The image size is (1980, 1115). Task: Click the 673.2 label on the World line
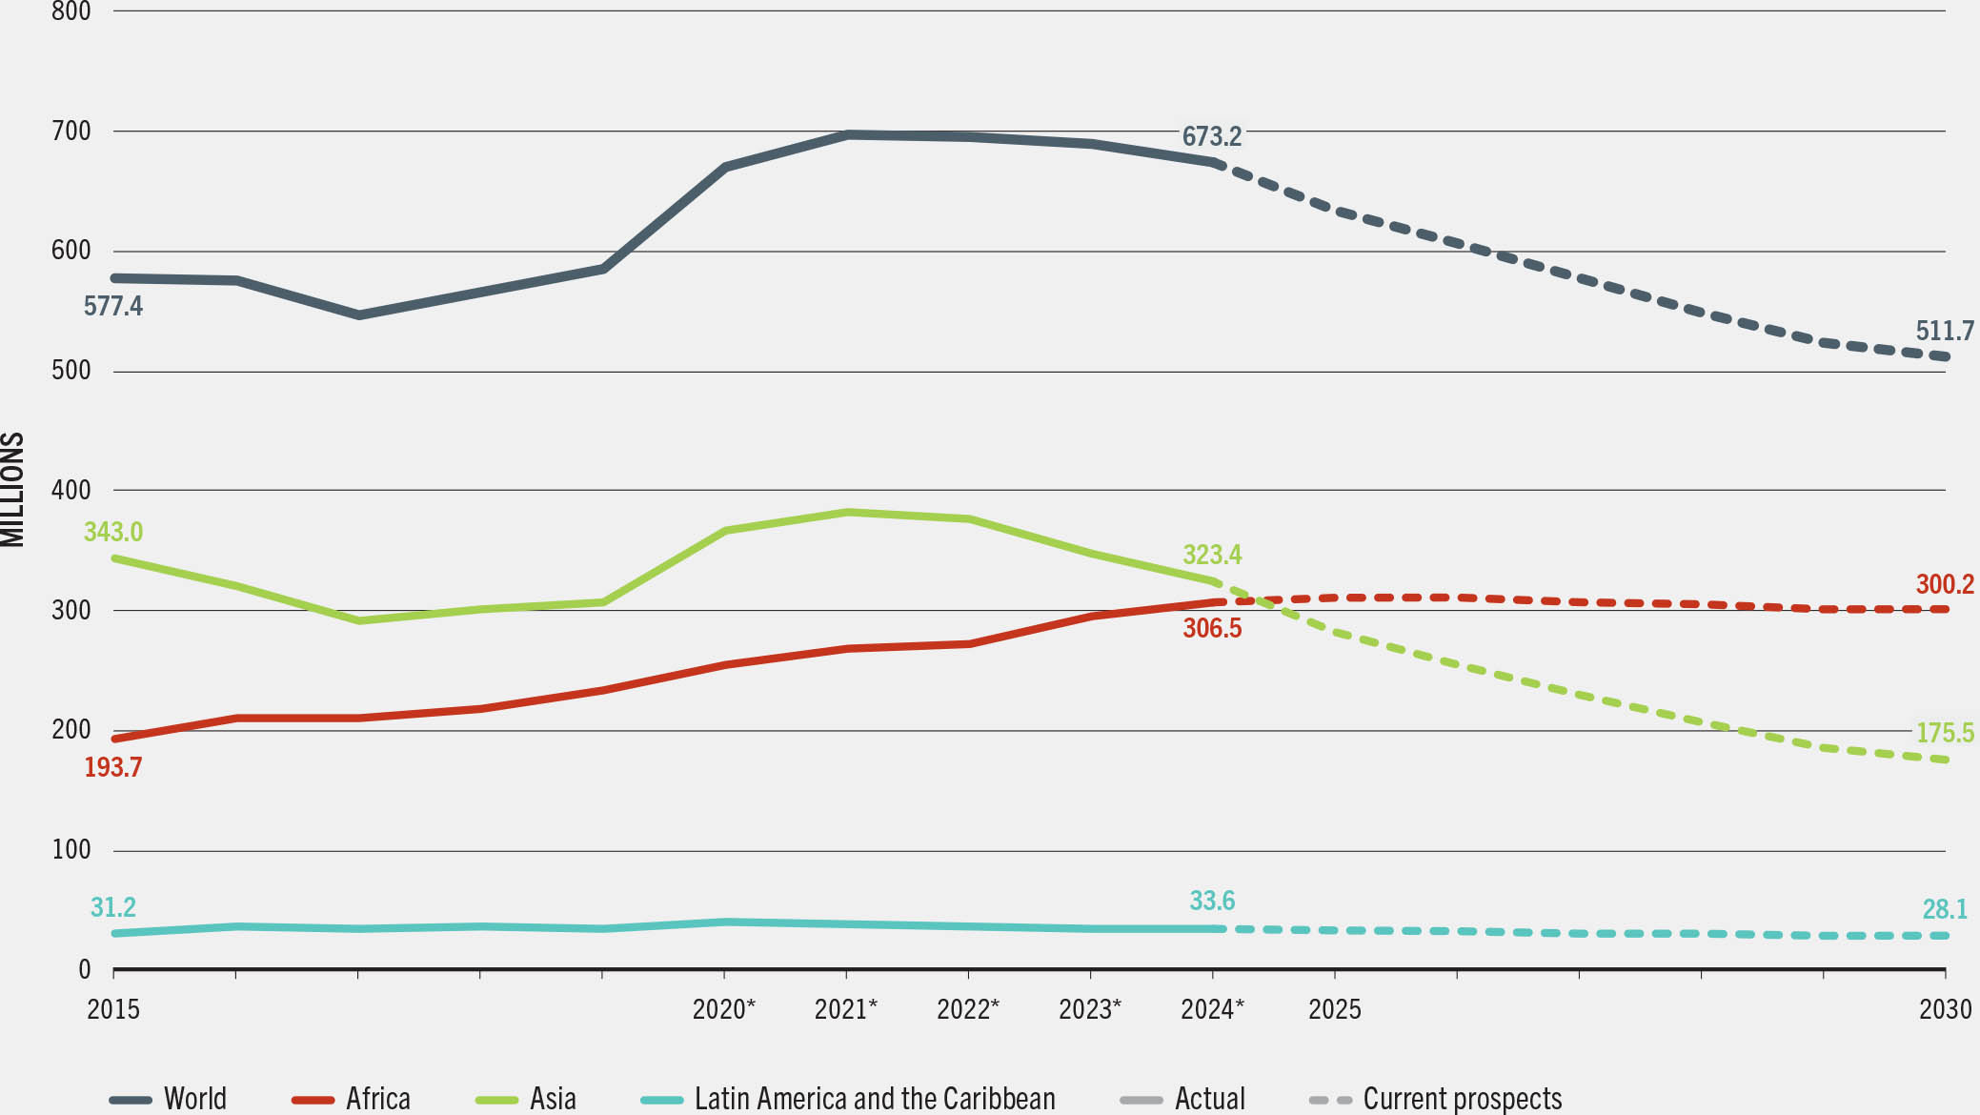1211,136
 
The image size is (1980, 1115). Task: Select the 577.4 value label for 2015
112,306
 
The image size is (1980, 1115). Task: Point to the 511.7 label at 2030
1944,331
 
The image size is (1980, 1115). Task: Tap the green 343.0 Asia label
112,532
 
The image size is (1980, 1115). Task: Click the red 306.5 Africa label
1211,628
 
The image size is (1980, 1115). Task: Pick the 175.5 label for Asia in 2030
1944,733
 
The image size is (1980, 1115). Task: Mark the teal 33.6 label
1211,901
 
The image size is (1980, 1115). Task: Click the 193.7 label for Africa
112,767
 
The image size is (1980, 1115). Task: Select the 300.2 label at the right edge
1944,584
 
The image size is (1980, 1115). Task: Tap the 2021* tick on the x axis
845,1009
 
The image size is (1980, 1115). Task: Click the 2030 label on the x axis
1944,1009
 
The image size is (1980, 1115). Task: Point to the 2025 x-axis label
1334,1009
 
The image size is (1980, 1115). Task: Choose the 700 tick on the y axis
71,131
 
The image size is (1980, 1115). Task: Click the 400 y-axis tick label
71,490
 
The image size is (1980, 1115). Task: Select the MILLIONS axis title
12,490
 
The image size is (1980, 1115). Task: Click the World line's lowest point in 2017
358,314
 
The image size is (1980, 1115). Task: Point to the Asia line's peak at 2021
847,513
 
